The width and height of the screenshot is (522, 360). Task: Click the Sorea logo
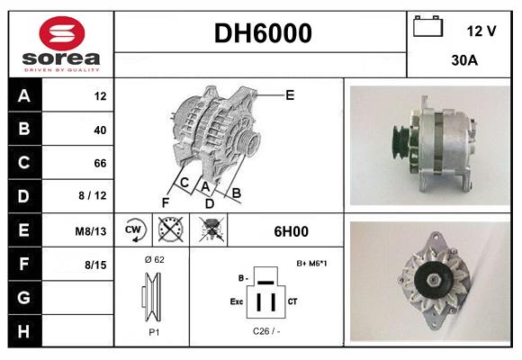pyautogui.click(x=61, y=45)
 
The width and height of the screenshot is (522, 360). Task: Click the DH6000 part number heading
pyautogui.click(x=262, y=34)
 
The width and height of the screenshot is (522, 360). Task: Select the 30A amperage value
pyautogui.click(x=463, y=61)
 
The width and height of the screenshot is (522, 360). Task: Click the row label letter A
pyautogui.click(x=24, y=95)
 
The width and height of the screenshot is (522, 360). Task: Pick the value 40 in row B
pyautogui.click(x=99, y=130)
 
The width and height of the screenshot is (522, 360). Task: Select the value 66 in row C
pyautogui.click(x=99, y=163)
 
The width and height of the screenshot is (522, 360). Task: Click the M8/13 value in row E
pyautogui.click(x=90, y=230)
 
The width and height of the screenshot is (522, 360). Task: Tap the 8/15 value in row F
pyautogui.click(x=94, y=265)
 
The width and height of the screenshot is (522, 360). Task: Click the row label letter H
pyautogui.click(x=24, y=331)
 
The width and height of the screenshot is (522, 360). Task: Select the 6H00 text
pyautogui.click(x=292, y=230)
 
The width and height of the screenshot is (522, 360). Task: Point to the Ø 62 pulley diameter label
pyautogui.click(x=153, y=260)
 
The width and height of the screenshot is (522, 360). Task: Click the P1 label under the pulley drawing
pyautogui.click(x=153, y=331)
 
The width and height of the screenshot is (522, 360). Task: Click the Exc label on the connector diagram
pyautogui.click(x=237, y=302)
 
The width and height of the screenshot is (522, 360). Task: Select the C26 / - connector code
pyautogui.click(x=267, y=331)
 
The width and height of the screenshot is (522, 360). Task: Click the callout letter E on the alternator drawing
pyautogui.click(x=290, y=94)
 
